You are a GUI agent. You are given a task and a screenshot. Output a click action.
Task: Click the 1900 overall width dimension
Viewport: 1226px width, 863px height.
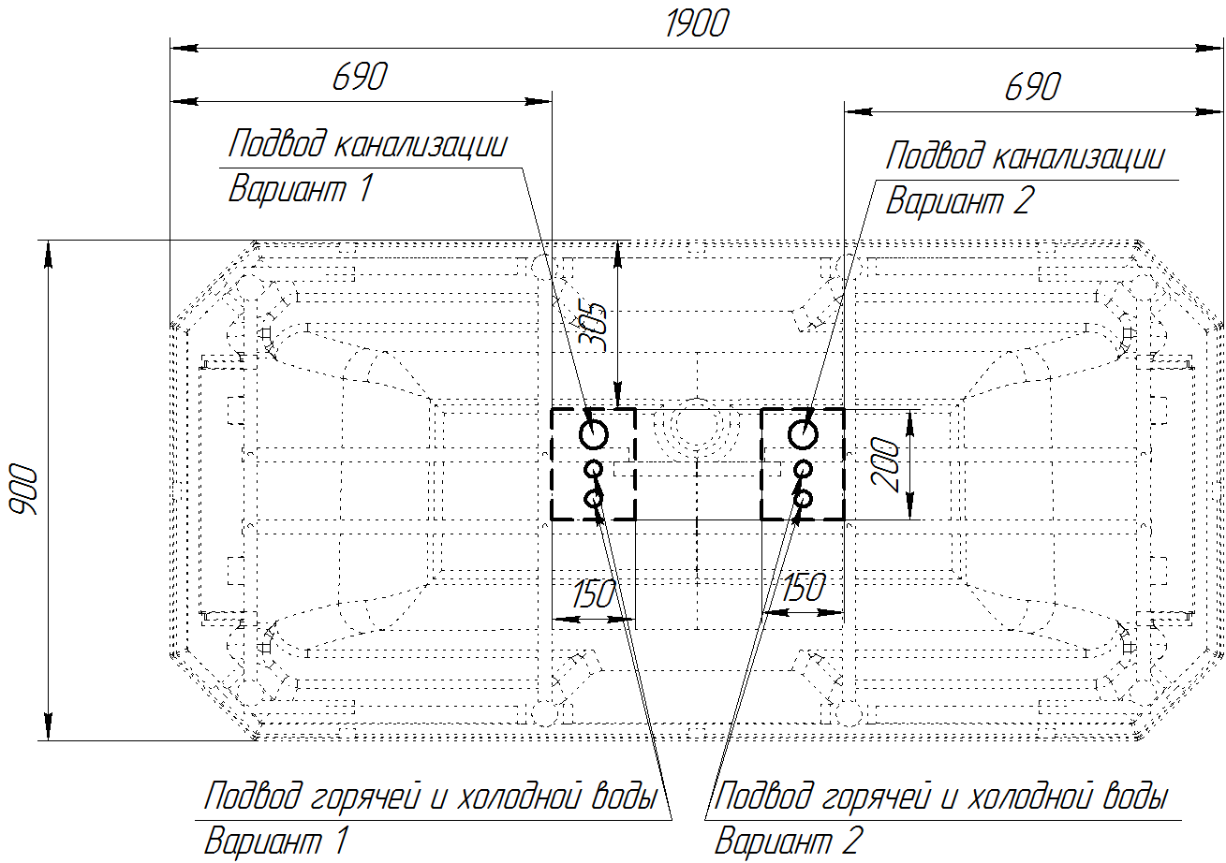(x=697, y=24)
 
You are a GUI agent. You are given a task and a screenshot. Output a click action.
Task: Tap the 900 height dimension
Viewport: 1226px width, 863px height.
(x=24, y=490)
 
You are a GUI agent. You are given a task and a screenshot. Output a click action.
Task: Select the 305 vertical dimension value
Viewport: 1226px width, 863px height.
(x=593, y=327)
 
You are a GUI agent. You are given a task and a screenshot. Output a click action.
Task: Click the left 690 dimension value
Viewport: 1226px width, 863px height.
(x=360, y=77)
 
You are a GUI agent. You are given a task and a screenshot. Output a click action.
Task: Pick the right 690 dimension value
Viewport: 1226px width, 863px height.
(x=1032, y=87)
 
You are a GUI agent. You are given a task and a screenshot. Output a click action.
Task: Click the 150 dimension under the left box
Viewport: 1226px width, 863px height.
(x=593, y=594)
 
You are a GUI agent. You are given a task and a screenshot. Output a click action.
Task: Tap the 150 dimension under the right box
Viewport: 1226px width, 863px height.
(x=804, y=588)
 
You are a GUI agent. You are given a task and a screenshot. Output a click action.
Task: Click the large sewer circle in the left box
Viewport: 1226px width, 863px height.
(x=593, y=435)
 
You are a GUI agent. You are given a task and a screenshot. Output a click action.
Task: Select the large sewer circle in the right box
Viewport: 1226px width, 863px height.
(x=803, y=435)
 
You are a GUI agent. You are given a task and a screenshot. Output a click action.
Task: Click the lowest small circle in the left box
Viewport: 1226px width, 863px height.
(x=593, y=498)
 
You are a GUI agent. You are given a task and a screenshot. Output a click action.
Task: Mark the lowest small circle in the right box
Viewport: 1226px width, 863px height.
(x=803, y=498)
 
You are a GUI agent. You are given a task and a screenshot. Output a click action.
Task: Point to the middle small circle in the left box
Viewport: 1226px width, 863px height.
(x=593, y=469)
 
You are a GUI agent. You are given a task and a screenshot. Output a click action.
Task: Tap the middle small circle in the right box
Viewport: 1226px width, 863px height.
(x=803, y=469)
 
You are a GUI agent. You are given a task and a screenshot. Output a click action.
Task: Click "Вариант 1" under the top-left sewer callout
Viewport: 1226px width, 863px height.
(x=301, y=189)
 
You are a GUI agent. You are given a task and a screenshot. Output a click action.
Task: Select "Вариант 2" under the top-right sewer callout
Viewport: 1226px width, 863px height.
(x=960, y=200)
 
